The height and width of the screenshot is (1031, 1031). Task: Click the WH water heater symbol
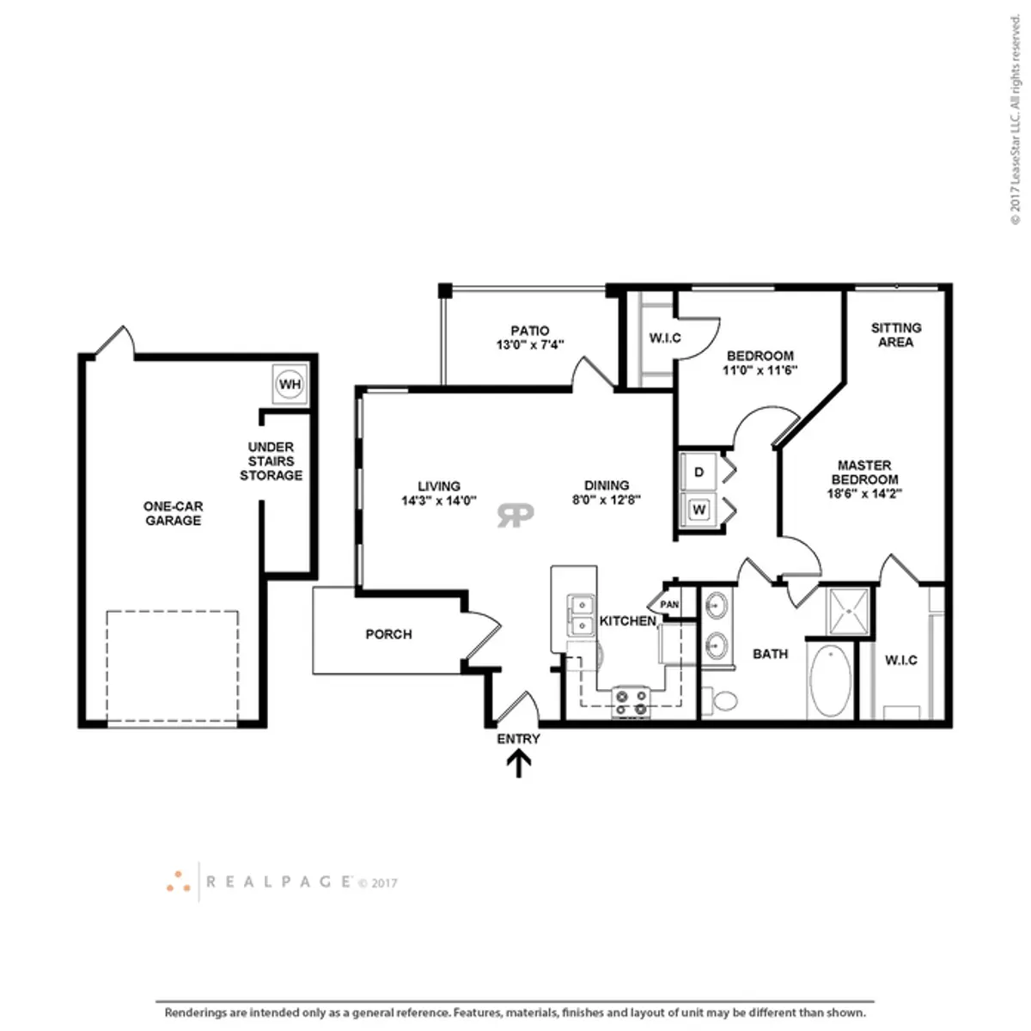(290, 383)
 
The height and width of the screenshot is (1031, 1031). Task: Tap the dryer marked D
(699, 472)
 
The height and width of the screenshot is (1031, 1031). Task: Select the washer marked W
(699, 509)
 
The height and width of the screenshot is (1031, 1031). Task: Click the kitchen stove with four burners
(631, 703)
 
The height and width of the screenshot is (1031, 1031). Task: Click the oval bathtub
(830, 680)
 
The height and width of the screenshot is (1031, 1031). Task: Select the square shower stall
(847, 612)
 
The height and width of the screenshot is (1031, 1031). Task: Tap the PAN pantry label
(669, 605)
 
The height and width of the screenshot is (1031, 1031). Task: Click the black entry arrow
(518, 764)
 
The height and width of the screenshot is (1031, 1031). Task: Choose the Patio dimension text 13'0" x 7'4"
(530, 345)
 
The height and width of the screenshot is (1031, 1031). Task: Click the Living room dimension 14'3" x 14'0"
(439, 501)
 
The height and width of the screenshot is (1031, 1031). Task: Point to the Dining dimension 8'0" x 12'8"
(607, 500)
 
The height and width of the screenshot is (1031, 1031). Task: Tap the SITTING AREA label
(895, 335)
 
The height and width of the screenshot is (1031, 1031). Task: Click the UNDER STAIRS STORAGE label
(271, 461)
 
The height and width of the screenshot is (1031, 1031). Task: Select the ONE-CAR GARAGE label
(173, 513)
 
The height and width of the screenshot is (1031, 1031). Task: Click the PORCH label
(388, 635)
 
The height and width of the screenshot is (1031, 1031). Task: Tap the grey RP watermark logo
(515, 515)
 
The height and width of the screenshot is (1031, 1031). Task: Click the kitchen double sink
(580, 615)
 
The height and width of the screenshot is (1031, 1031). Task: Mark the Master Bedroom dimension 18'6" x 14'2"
(864, 494)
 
